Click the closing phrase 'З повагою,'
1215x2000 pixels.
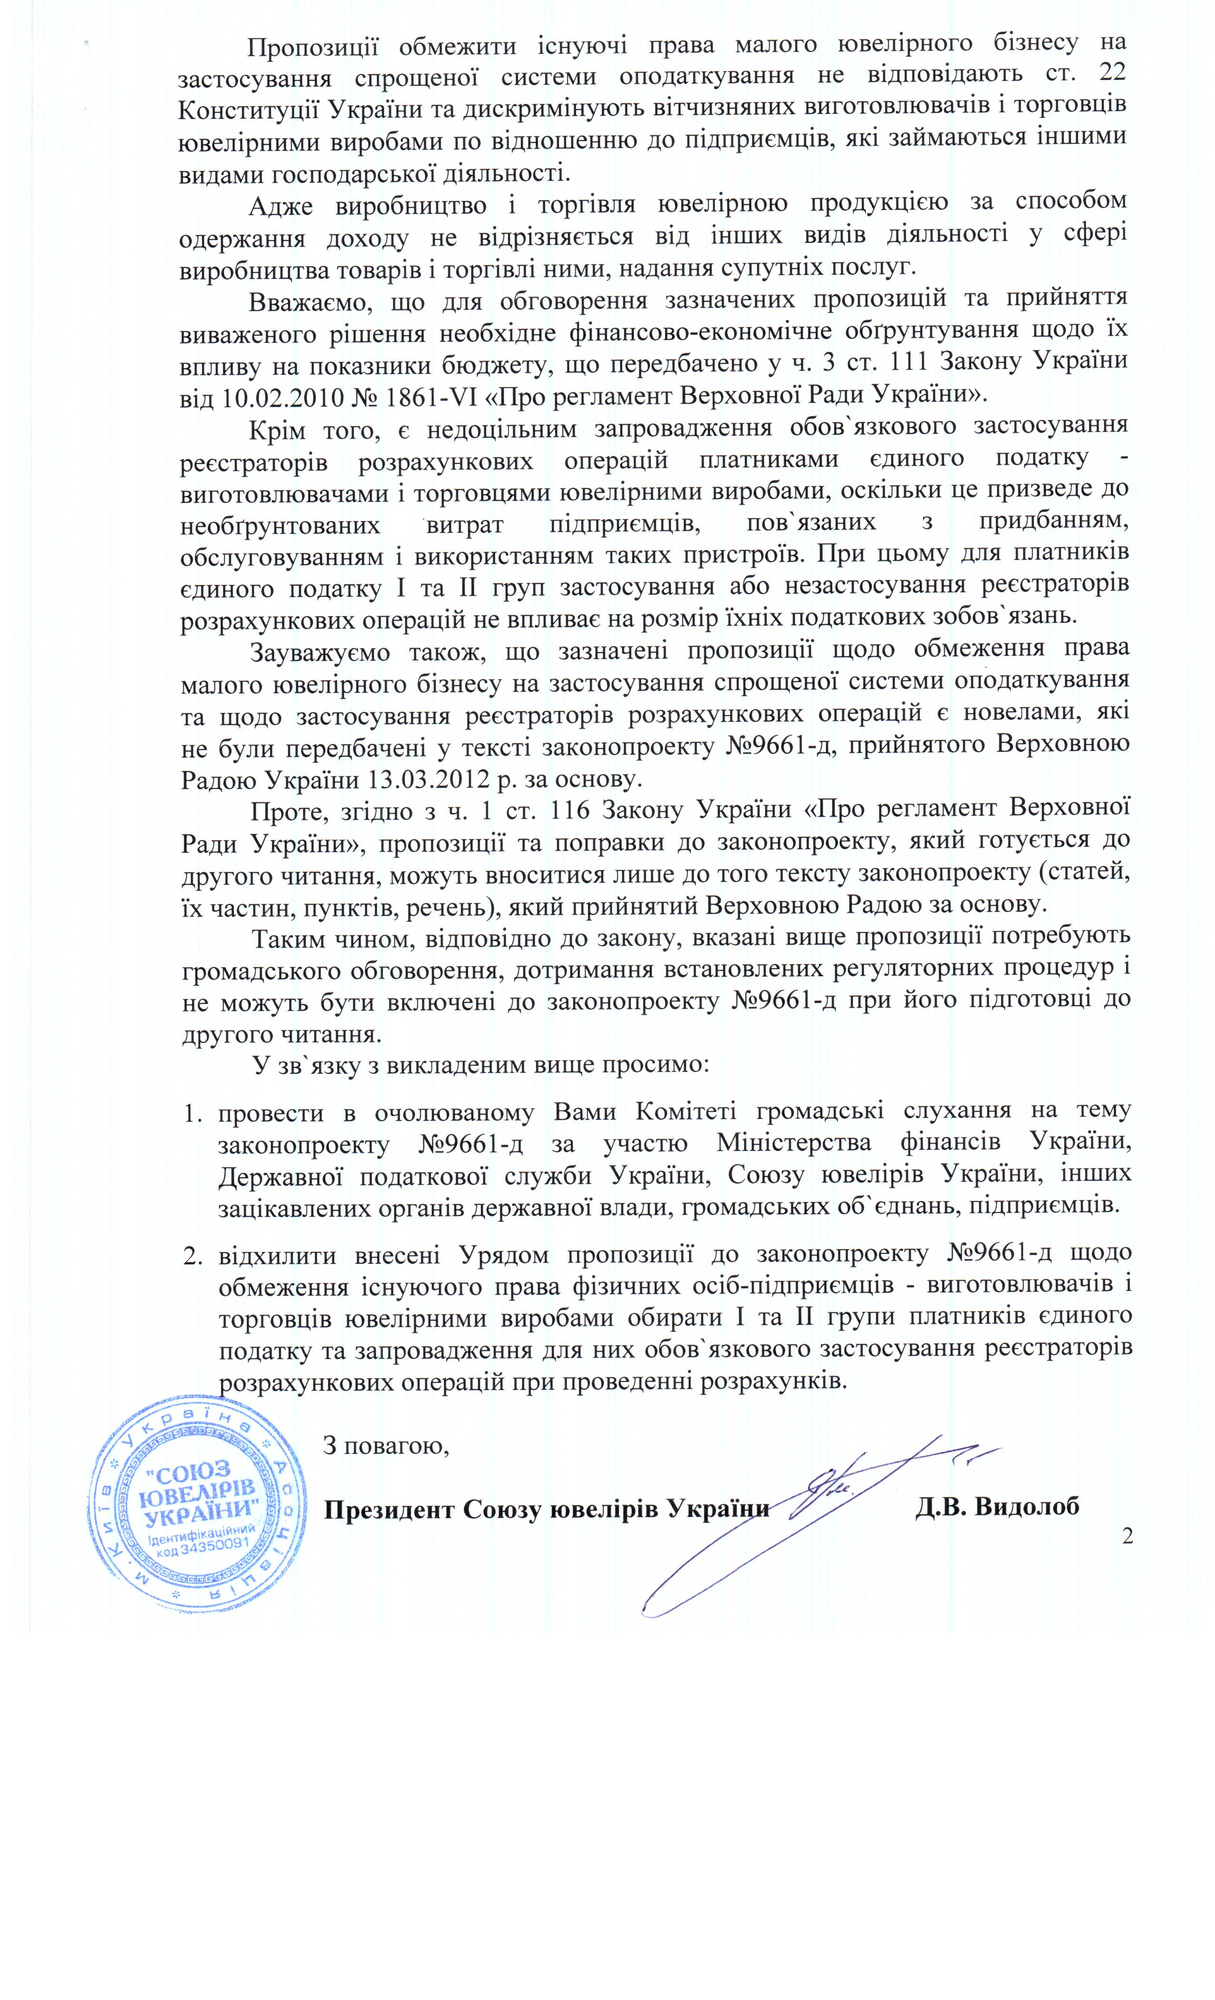pos(386,1447)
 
